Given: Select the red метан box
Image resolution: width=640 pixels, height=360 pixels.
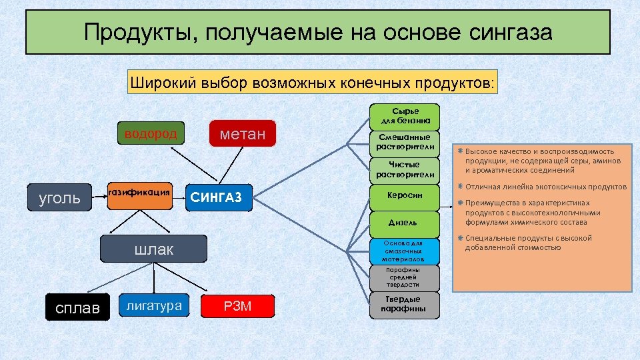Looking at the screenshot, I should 242,135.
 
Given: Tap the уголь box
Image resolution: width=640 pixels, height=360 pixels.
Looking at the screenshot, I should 60,198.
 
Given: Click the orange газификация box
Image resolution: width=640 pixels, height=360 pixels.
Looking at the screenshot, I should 140,195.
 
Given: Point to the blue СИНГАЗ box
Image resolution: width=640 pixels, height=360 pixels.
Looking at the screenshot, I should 219,198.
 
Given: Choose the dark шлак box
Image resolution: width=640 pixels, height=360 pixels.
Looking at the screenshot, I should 153,249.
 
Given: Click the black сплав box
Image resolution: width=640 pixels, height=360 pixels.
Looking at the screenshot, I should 77,307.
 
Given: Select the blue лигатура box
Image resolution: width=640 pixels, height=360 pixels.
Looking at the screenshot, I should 153,306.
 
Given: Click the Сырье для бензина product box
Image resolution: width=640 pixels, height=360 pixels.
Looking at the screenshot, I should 405,117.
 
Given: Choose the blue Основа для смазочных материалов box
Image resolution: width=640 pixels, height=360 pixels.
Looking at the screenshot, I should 405,251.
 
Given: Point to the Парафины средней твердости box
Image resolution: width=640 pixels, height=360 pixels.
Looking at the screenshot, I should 405,277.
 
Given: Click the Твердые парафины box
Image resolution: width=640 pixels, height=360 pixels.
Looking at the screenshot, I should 405,304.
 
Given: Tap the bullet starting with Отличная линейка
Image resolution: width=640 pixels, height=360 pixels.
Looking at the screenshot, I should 545,187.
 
